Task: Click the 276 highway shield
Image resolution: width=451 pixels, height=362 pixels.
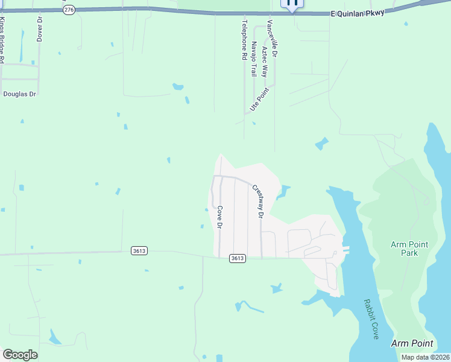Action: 69,11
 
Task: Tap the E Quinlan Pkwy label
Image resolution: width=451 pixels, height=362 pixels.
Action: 358,13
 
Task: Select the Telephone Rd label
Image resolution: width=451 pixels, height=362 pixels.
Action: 245,40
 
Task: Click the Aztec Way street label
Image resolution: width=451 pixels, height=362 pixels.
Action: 264,60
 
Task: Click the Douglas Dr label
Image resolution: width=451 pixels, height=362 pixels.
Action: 20,94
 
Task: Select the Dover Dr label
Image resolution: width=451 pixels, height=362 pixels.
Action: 40,28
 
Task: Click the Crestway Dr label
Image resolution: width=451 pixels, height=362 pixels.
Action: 258,202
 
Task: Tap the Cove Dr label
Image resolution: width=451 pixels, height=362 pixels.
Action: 220,217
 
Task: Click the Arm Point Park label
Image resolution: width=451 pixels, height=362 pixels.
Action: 409,249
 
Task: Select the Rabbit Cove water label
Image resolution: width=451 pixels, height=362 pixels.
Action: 370,319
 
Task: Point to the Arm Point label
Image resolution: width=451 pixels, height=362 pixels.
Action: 412,343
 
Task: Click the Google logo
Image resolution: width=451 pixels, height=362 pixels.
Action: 20,355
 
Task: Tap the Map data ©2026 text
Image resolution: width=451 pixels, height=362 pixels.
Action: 426,357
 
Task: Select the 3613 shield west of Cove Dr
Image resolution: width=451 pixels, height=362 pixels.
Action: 139,250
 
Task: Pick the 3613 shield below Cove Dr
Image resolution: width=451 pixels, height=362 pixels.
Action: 238,258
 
